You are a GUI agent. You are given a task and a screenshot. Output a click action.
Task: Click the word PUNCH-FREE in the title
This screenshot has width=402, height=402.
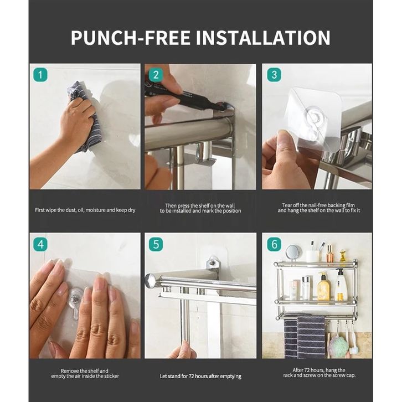(x=130, y=38)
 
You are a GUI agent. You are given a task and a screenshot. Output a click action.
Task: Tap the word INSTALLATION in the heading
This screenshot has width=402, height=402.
(x=264, y=38)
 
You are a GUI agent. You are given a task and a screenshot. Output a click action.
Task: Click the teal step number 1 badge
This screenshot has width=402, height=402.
(x=40, y=75)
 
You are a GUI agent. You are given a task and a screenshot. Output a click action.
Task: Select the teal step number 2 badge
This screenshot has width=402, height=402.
(x=156, y=75)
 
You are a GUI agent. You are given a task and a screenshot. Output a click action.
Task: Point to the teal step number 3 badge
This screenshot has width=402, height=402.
(x=274, y=75)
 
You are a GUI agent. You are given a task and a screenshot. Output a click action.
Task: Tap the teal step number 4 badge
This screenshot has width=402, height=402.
(x=40, y=244)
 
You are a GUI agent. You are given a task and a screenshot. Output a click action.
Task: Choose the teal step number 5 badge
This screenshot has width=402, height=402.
(x=156, y=244)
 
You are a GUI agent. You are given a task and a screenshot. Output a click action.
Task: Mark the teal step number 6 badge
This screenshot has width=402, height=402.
(x=274, y=244)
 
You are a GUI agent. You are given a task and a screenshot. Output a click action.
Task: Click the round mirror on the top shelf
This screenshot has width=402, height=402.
(x=293, y=252)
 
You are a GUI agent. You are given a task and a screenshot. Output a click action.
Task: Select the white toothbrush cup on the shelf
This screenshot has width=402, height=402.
(x=312, y=256)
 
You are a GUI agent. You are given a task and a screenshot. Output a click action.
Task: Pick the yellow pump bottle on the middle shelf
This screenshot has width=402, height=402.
(x=323, y=286)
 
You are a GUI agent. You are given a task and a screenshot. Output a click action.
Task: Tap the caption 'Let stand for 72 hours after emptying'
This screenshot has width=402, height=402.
(x=200, y=377)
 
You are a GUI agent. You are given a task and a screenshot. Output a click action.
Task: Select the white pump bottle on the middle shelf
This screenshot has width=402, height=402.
(x=341, y=285)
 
